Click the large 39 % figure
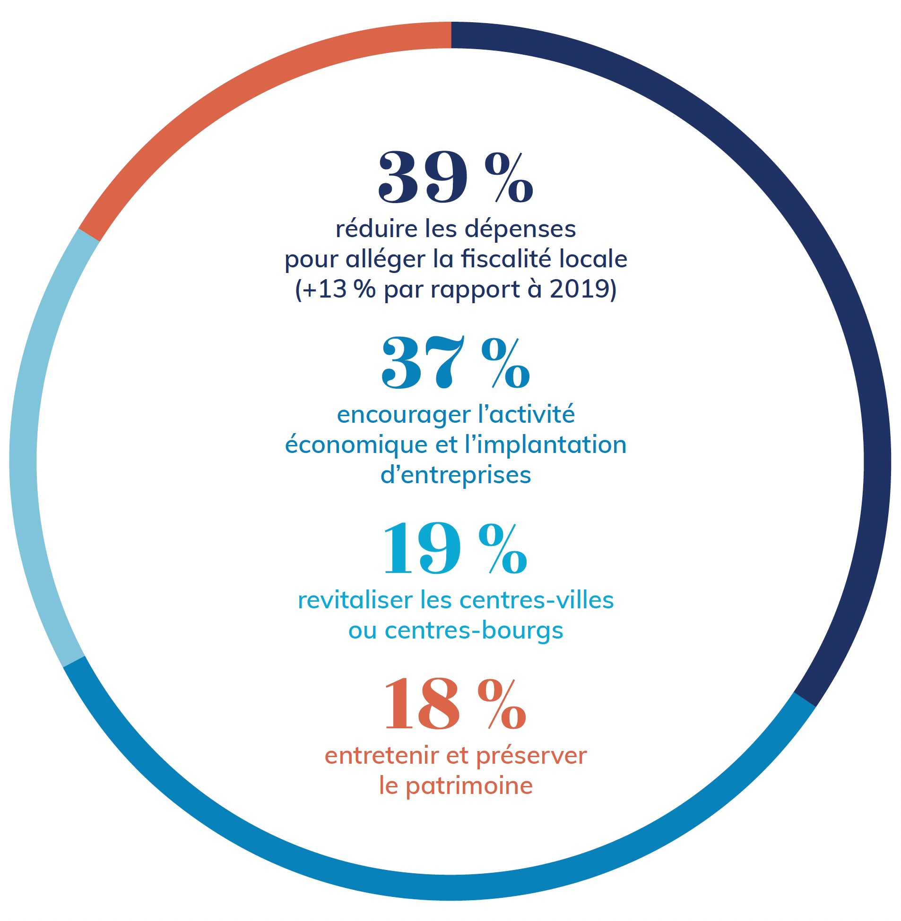(455, 177)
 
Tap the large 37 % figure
(455, 363)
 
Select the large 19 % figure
(455, 549)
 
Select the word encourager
(403, 415)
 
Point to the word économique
(356, 445)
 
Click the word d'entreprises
(456, 475)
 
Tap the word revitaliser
(355, 600)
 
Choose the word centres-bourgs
(474, 631)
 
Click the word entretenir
(381, 756)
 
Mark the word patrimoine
(469, 786)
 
